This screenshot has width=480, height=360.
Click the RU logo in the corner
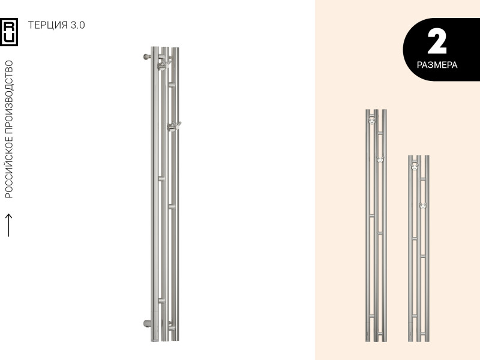[9, 32]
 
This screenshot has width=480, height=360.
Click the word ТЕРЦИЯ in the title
[47, 25]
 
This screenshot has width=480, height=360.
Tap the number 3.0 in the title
[78, 25]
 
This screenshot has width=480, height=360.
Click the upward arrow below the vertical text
[9, 225]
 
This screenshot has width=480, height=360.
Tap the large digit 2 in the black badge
[437, 42]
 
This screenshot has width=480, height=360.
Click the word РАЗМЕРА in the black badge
[437, 65]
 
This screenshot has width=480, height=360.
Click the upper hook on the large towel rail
[164, 64]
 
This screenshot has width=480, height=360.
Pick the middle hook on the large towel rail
[174, 126]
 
